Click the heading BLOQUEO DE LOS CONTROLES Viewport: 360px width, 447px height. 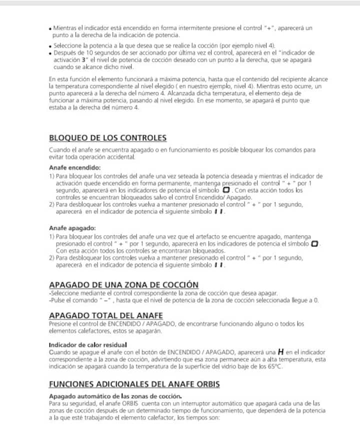(108, 138)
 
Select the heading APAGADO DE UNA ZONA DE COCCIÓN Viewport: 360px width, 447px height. (123, 284)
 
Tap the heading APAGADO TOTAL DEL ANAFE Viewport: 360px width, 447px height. (106, 315)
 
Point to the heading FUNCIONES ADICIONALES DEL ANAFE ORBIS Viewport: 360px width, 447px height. (134, 384)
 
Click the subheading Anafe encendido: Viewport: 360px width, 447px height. (75, 167)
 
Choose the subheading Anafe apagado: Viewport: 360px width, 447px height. (72, 228)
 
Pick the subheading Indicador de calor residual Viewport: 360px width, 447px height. (88, 344)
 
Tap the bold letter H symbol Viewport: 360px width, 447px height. (280, 352)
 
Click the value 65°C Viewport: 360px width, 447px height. (274, 366)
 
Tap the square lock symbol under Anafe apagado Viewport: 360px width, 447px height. (314, 243)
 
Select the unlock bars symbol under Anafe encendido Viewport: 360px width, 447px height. (218, 211)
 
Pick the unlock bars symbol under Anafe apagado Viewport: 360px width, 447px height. (218, 264)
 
